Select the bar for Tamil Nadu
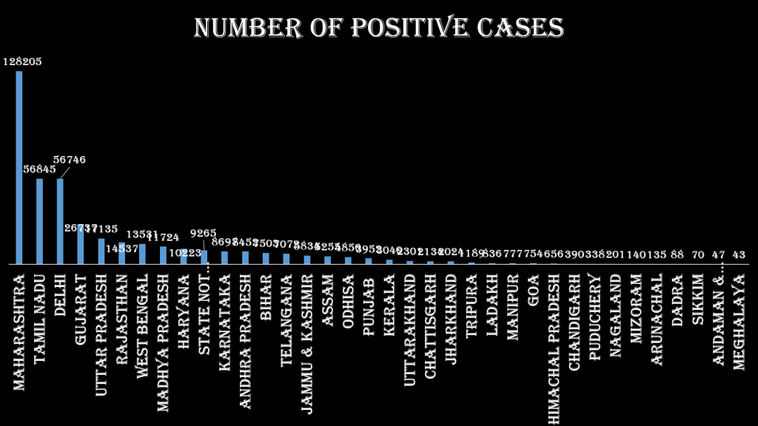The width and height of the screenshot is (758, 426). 40,221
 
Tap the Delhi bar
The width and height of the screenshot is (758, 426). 60,221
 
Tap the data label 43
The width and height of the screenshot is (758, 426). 738,254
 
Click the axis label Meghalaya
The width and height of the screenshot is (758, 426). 738,322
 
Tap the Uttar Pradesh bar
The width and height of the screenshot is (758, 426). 101,251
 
